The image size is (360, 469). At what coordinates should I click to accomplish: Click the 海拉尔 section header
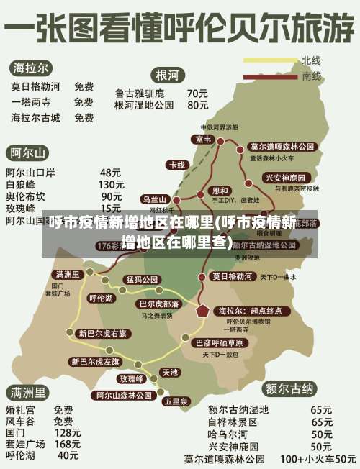pyautogui.click(x=31, y=68)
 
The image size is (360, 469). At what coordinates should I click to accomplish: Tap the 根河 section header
pyautogui.click(x=168, y=75)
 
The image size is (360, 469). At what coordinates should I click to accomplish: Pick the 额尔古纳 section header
pyautogui.click(x=290, y=389)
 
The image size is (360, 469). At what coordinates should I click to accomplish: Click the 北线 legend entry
pyautogui.click(x=311, y=60)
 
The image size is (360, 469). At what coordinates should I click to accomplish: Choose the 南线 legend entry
pyautogui.click(x=311, y=75)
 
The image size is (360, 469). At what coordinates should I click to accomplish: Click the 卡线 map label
pyautogui.click(x=176, y=165)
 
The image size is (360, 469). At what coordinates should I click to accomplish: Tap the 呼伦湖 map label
pyautogui.click(x=100, y=297)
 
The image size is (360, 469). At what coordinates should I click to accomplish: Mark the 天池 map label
pyautogui.click(x=170, y=372)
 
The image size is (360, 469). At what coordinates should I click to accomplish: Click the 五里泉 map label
pyautogui.click(x=176, y=401)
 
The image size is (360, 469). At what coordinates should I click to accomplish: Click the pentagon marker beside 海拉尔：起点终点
pyautogui.click(x=204, y=311)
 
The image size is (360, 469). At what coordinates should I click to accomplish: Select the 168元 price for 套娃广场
pyautogui.click(x=68, y=444)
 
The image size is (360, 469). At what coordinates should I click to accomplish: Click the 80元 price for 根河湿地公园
pyautogui.click(x=198, y=105)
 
